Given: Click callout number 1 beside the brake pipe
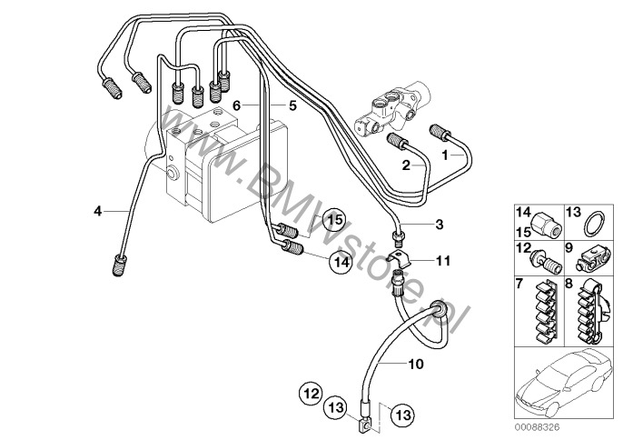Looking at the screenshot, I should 446,155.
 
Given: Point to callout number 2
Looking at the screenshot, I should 408,165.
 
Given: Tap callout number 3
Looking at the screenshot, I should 440,224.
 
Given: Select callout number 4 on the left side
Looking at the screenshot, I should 97,212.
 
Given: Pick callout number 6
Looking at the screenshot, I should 235,105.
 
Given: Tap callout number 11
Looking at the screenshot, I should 443,261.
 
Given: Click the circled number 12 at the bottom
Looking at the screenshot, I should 310,395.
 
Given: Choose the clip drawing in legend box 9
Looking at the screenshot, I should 589,260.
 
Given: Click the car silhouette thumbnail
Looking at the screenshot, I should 567,383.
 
